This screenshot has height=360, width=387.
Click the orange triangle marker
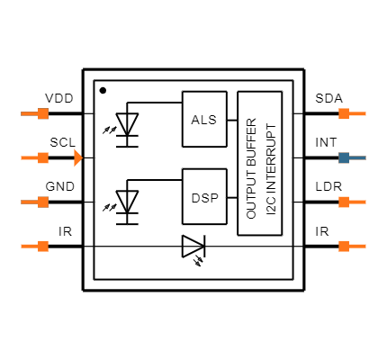[77, 157]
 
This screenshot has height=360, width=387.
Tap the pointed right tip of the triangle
[82, 157]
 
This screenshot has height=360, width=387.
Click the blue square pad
[344, 157]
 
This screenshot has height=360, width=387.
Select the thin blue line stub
[357, 157]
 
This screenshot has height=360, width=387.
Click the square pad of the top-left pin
[43, 113]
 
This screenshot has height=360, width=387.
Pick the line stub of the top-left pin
[29, 113]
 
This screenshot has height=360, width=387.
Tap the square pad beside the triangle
[43, 157]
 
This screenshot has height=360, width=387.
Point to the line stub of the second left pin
[29, 157]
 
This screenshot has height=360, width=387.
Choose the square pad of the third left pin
[43, 202]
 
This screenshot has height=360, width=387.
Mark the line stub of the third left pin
[29, 202]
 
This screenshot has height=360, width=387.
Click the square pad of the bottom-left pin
[43, 246]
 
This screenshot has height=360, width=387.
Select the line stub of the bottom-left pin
[29, 246]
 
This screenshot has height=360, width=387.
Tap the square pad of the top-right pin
[344, 113]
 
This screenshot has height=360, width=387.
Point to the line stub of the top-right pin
[357, 113]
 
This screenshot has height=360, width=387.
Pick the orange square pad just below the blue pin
[344, 202]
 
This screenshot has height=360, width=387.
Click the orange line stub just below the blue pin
[357, 202]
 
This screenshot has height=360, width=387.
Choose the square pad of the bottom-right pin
[344, 246]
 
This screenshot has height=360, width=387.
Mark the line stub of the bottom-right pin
[357, 246]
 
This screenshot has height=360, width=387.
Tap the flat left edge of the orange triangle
[75, 157]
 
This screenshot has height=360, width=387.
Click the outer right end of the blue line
[364, 157]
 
